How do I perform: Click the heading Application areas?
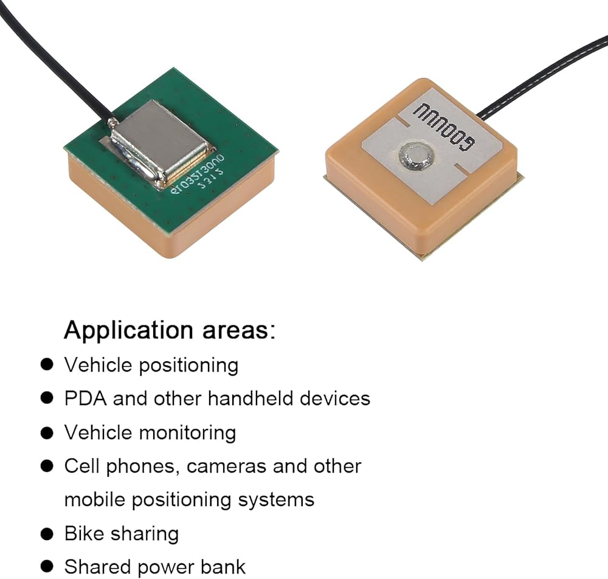pos(170,330)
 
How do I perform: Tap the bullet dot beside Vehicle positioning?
pos(46,365)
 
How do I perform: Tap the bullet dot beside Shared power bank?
pos(46,567)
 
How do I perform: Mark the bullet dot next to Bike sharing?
pos(46,533)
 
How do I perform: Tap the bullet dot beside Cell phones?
pos(46,466)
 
